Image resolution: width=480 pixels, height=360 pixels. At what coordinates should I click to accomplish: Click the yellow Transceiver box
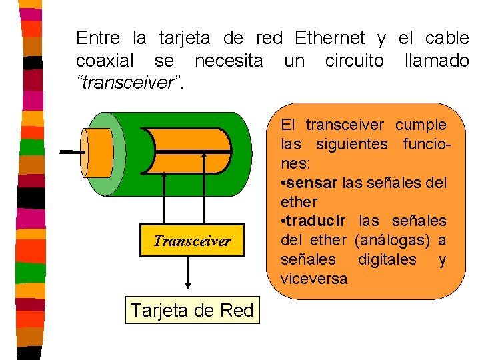click(x=193, y=241)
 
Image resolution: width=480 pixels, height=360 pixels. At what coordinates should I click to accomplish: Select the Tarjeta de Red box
click(x=193, y=310)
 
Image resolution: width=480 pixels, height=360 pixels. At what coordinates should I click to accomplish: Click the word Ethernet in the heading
click(x=329, y=38)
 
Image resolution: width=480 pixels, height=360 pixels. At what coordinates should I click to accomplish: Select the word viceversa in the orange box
click(x=314, y=279)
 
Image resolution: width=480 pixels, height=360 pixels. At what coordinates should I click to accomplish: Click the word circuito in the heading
click(x=354, y=61)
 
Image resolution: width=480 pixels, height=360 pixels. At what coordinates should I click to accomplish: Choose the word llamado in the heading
click(x=437, y=61)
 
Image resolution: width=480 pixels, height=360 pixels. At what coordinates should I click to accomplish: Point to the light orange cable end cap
click(x=97, y=152)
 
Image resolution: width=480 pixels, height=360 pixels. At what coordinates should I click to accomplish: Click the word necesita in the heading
click(x=229, y=61)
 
